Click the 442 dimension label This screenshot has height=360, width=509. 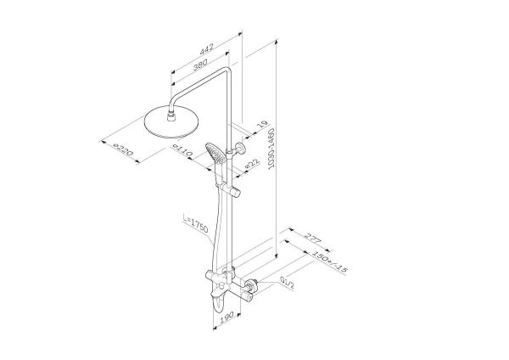click(x=206, y=48)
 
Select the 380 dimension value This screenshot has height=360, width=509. click(x=200, y=65)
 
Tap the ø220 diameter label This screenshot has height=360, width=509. click(x=124, y=150)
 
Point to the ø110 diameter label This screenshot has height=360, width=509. click(x=183, y=151)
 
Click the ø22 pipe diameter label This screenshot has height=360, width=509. click(x=252, y=163)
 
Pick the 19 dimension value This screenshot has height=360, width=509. click(x=261, y=124)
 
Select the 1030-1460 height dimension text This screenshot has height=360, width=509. click(x=271, y=148)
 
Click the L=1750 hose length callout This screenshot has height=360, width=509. click(x=195, y=223)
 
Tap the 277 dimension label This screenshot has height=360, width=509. click(x=313, y=239)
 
